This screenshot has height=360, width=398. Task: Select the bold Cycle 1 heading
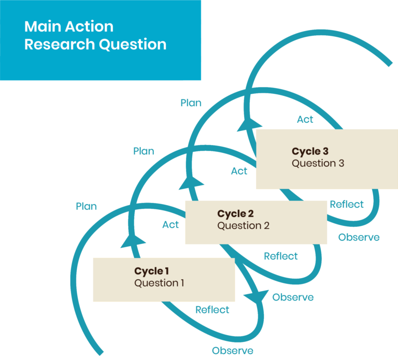[x=152, y=271]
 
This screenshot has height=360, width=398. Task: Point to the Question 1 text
[x=159, y=283]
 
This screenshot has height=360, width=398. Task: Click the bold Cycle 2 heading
[x=235, y=213]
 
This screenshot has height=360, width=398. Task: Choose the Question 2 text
[x=243, y=226]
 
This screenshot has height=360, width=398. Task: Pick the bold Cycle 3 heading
[x=310, y=151]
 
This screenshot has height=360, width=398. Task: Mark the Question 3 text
[x=318, y=163]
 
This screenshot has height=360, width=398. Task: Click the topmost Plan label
[x=191, y=103]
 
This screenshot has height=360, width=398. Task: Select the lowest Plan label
[x=86, y=206]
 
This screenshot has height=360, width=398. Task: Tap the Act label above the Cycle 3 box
[x=305, y=119]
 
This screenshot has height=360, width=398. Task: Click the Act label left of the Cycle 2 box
[x=170, y=224]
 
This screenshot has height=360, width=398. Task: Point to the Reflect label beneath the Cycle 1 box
[x=212, y=310]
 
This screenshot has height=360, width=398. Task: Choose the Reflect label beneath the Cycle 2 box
[x=280, y=256]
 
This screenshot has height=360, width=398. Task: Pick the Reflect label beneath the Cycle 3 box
[x=347, y=204]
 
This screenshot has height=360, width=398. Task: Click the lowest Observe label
[x=233, y=351]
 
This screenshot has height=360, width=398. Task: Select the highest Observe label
[x=359, y=237]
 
